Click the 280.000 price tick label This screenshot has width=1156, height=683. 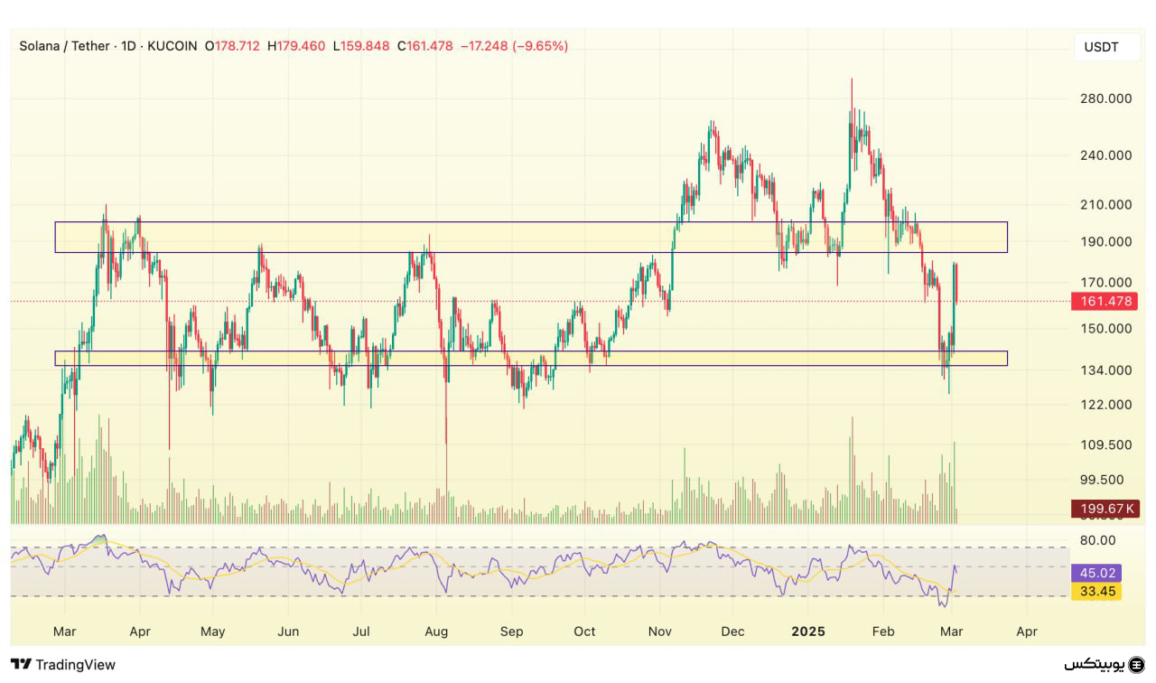pyautogui.click(x=1106, y=98)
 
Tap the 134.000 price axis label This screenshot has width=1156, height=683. pyautogui.click(x=1106, y=370)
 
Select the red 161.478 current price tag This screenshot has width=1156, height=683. pyautogui.click(x=1103, y=302)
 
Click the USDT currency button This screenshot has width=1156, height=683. pyautogui.click(x=1101, y=47)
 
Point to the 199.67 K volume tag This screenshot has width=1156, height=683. pyautogui.click(x=1103, y=509)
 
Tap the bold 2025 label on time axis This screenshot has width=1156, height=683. pyautogui.click(x=808, y=632)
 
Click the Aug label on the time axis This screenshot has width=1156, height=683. pyautogui.click(x=436, y=632)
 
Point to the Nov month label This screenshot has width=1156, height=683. pyautogui.click(x=660, y=632)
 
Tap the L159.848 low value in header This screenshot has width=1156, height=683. pyautogui.click(x=361, y=46)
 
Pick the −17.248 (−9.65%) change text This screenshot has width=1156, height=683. pyautogui.click(x=514, y=46)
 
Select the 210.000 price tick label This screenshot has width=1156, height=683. pyautogui.click(x=1106, y=205)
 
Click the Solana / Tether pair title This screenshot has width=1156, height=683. pyautogui.click(x=64, y=46)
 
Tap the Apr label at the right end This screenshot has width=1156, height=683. pyautogui.click(x=1027, y=632)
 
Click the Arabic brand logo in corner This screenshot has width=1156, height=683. pyautogui.click(x=1103, y=664)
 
